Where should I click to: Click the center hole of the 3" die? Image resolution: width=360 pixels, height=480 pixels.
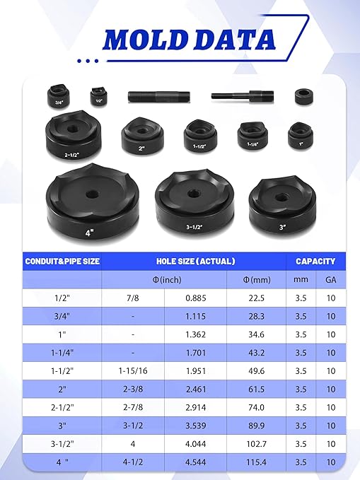tap(280, 197)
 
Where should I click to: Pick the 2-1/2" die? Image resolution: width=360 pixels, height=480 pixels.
tap(73, 135)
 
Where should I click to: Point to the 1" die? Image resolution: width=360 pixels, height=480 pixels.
tap(301, 136)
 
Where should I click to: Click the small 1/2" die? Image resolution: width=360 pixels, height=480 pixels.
tap(98, 96)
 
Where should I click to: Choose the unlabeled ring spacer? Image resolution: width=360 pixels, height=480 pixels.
tap(304, 96)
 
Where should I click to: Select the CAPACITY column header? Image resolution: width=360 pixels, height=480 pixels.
tap(315, 261)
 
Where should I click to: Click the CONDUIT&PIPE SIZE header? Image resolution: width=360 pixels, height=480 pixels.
tap(62, 261)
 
